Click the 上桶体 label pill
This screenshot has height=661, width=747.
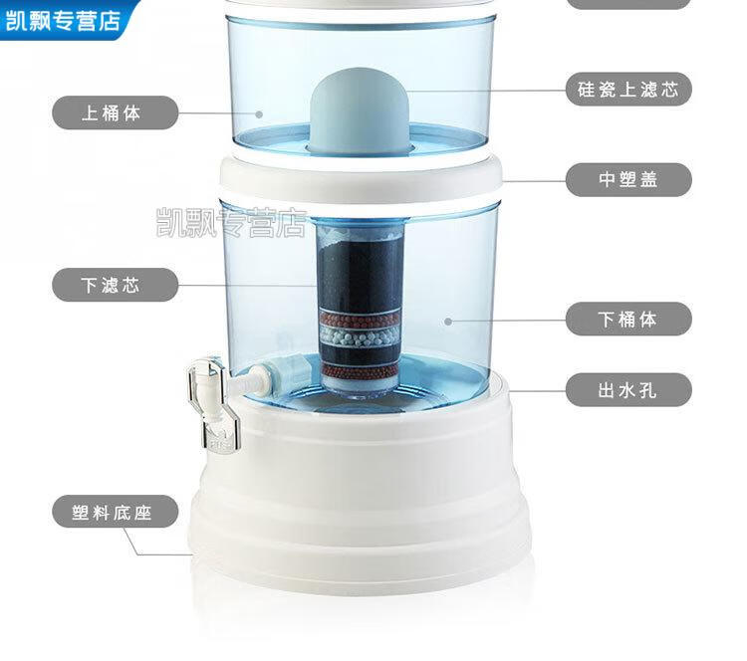[115, 112]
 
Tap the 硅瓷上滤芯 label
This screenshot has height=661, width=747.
[628, 90]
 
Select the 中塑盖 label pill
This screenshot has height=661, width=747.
[628, 179]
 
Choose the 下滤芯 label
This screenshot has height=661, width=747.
[115, 285]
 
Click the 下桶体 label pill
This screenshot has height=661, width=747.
[628, 319]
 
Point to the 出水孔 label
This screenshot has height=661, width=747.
[628, 389]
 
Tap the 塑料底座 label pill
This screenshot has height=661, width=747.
[115, 512]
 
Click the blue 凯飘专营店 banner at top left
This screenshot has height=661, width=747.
[67, 20]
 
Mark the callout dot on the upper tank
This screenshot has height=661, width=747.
[259, 114]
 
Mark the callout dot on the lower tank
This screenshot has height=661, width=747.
[448, 322]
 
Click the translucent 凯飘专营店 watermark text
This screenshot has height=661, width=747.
[231, 222]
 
